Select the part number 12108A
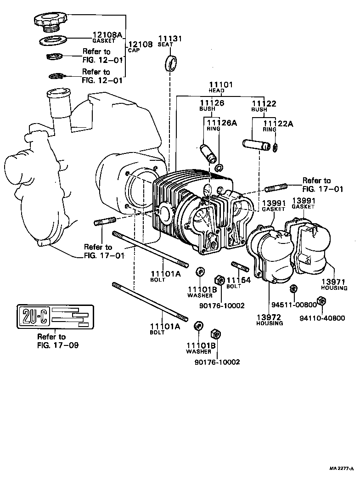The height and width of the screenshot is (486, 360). click(107, 34)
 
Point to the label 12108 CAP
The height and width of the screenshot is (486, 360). click(140, 46)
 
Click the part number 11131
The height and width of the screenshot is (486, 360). click(170, 39)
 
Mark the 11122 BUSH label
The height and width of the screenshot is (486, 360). click(264, 106)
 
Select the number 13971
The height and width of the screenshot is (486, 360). click(334, 282)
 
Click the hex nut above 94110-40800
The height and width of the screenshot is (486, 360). click(322, 301)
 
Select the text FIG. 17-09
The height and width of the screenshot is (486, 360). click(57, 345)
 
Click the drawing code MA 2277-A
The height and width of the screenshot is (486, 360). click(341, 469)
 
